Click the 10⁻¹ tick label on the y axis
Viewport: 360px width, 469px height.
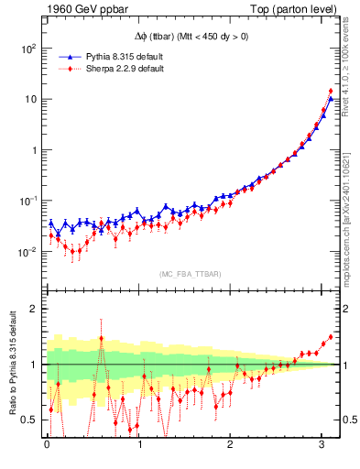(x=28, y=201)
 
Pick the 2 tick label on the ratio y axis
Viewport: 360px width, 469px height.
(x=34, y=309)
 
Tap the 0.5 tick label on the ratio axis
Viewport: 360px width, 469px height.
(x=29, y=420)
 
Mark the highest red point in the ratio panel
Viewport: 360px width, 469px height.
(x=330, y=336)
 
